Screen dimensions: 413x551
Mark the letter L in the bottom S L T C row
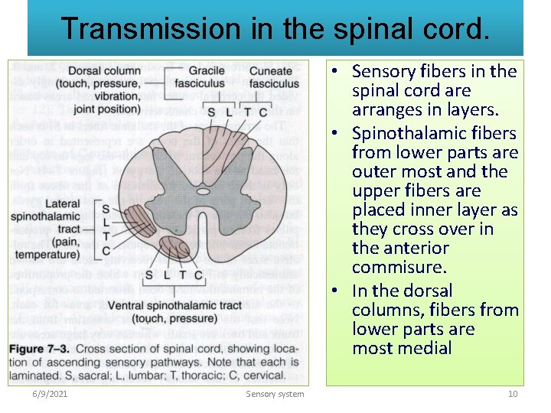pos(168,275)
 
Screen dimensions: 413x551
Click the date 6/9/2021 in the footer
pos(51,394)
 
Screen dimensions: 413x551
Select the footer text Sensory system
pos(275,394)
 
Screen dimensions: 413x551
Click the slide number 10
pos(513,394)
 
